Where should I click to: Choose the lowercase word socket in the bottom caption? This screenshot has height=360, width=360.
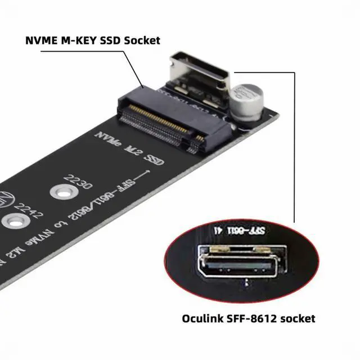[297, 318]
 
